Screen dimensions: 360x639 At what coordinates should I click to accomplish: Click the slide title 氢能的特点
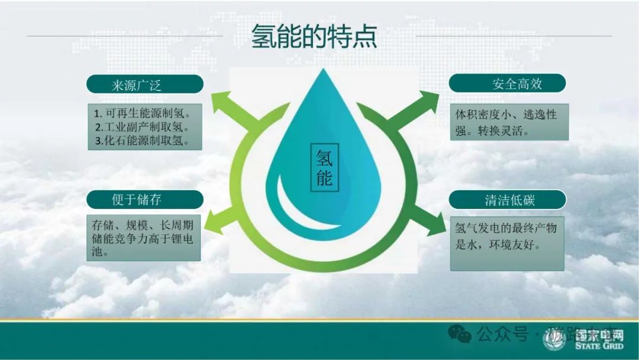[x=314, y=37]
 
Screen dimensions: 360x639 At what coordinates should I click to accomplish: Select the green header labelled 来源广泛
[x=144, y=84]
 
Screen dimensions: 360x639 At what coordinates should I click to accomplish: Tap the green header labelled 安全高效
[x=507, y=83]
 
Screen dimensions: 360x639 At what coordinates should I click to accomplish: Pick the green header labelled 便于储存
[x=144, y=200]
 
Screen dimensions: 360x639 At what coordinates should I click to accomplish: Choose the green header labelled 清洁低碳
[x=507, y=200]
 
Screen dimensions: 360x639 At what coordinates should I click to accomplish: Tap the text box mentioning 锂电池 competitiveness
[x=143, y=237]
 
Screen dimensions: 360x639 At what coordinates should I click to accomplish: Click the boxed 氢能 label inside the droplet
[x=324, y=168]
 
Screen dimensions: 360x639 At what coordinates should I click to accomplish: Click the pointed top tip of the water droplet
[x=323, y=71]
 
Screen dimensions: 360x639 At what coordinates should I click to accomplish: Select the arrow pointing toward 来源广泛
[x=225, y=104]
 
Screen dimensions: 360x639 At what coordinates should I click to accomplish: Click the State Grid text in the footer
[x=596, y=345]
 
